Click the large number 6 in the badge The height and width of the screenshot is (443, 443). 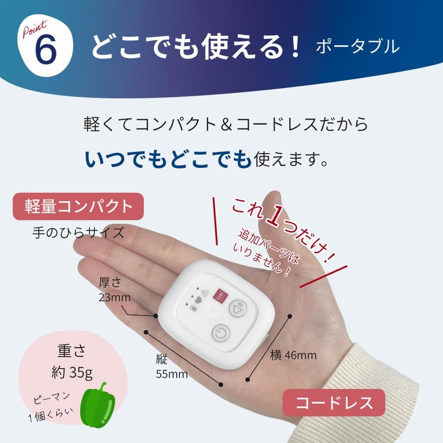click(45, 50)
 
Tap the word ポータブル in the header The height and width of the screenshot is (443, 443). click(357, 47)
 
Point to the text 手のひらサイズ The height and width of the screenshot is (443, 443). click(78, 231)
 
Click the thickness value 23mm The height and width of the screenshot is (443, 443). click(114, 298)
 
